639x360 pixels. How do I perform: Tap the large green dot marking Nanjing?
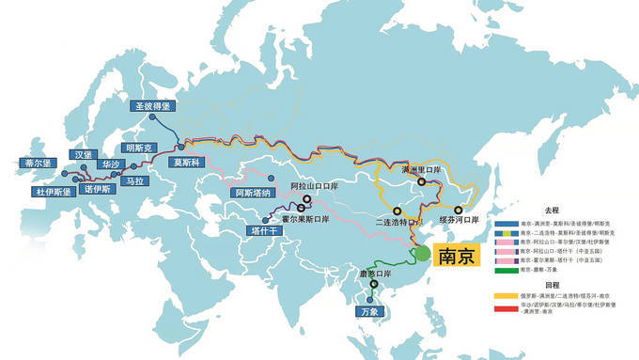[x=423, y=253]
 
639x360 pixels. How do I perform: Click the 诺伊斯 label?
[x=99, y=188]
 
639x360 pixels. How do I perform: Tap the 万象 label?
[x=368, y=310]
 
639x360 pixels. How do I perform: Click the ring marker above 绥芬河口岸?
[x=460, y=211]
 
